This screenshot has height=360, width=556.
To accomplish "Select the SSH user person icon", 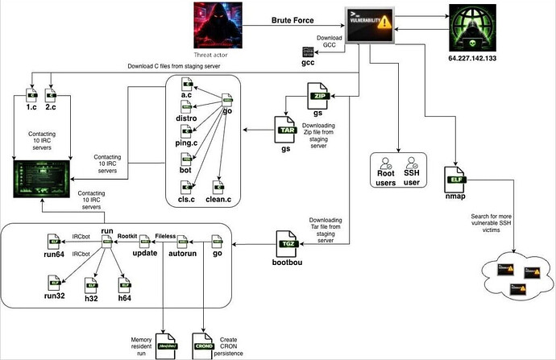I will click(x=412, y=164).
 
